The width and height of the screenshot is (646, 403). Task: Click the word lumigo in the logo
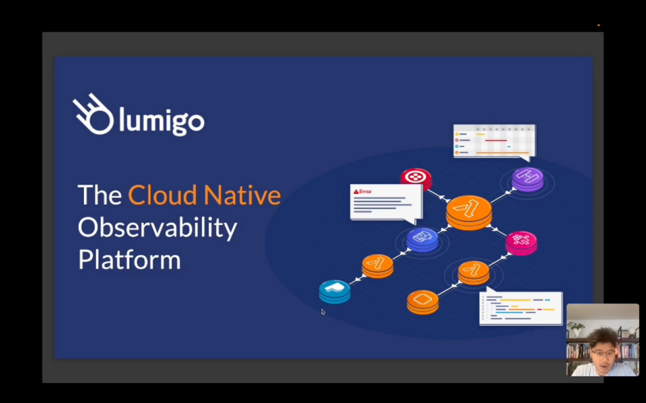161,122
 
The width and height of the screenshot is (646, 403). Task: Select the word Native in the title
242,195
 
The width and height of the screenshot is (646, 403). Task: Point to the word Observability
157,228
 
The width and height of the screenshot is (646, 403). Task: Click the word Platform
129,260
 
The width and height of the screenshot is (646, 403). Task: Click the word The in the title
100,195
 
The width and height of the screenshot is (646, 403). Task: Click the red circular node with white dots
416,178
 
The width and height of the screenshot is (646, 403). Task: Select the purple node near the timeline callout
528,179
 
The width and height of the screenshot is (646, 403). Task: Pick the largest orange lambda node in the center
469,211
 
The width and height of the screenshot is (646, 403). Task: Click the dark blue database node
423,238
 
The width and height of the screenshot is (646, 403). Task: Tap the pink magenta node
521,241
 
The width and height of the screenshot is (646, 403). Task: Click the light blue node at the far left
334,290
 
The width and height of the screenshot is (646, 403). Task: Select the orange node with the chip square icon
423,300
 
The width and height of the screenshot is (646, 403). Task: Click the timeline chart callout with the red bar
494,140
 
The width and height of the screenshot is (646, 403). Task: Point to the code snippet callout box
521,308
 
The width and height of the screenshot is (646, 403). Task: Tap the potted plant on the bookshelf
576,329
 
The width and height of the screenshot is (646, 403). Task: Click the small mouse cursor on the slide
322,311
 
